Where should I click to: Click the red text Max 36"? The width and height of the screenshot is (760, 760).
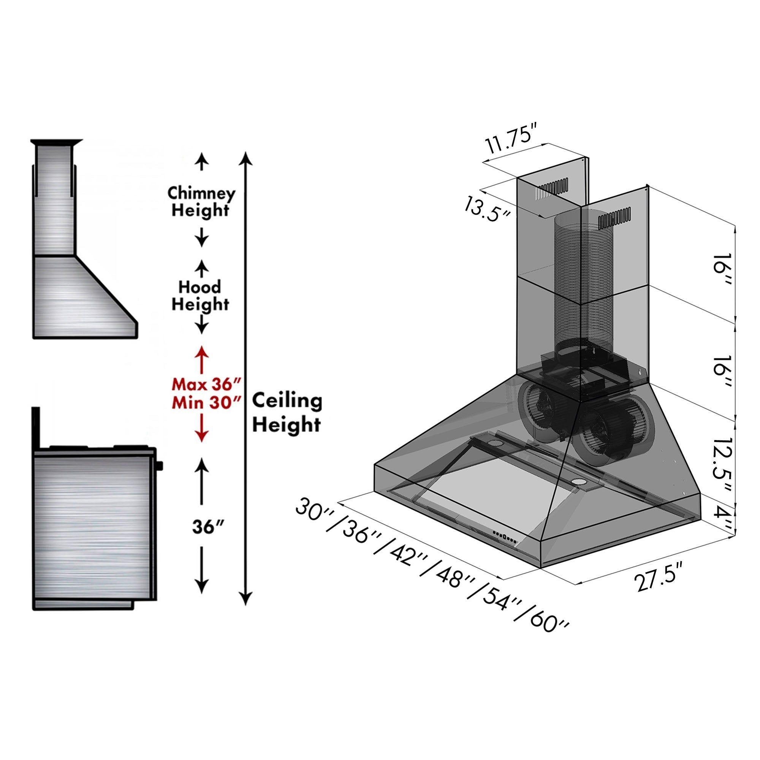coord(205,383)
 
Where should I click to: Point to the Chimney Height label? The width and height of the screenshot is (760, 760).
coord(201,201)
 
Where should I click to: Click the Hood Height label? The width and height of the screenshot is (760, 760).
coord(200,296)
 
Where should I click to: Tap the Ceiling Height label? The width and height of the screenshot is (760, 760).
coord(287,413)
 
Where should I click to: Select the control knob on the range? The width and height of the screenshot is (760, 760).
coord(159,466)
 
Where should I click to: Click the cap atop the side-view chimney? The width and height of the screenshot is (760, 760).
coord(57,142)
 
